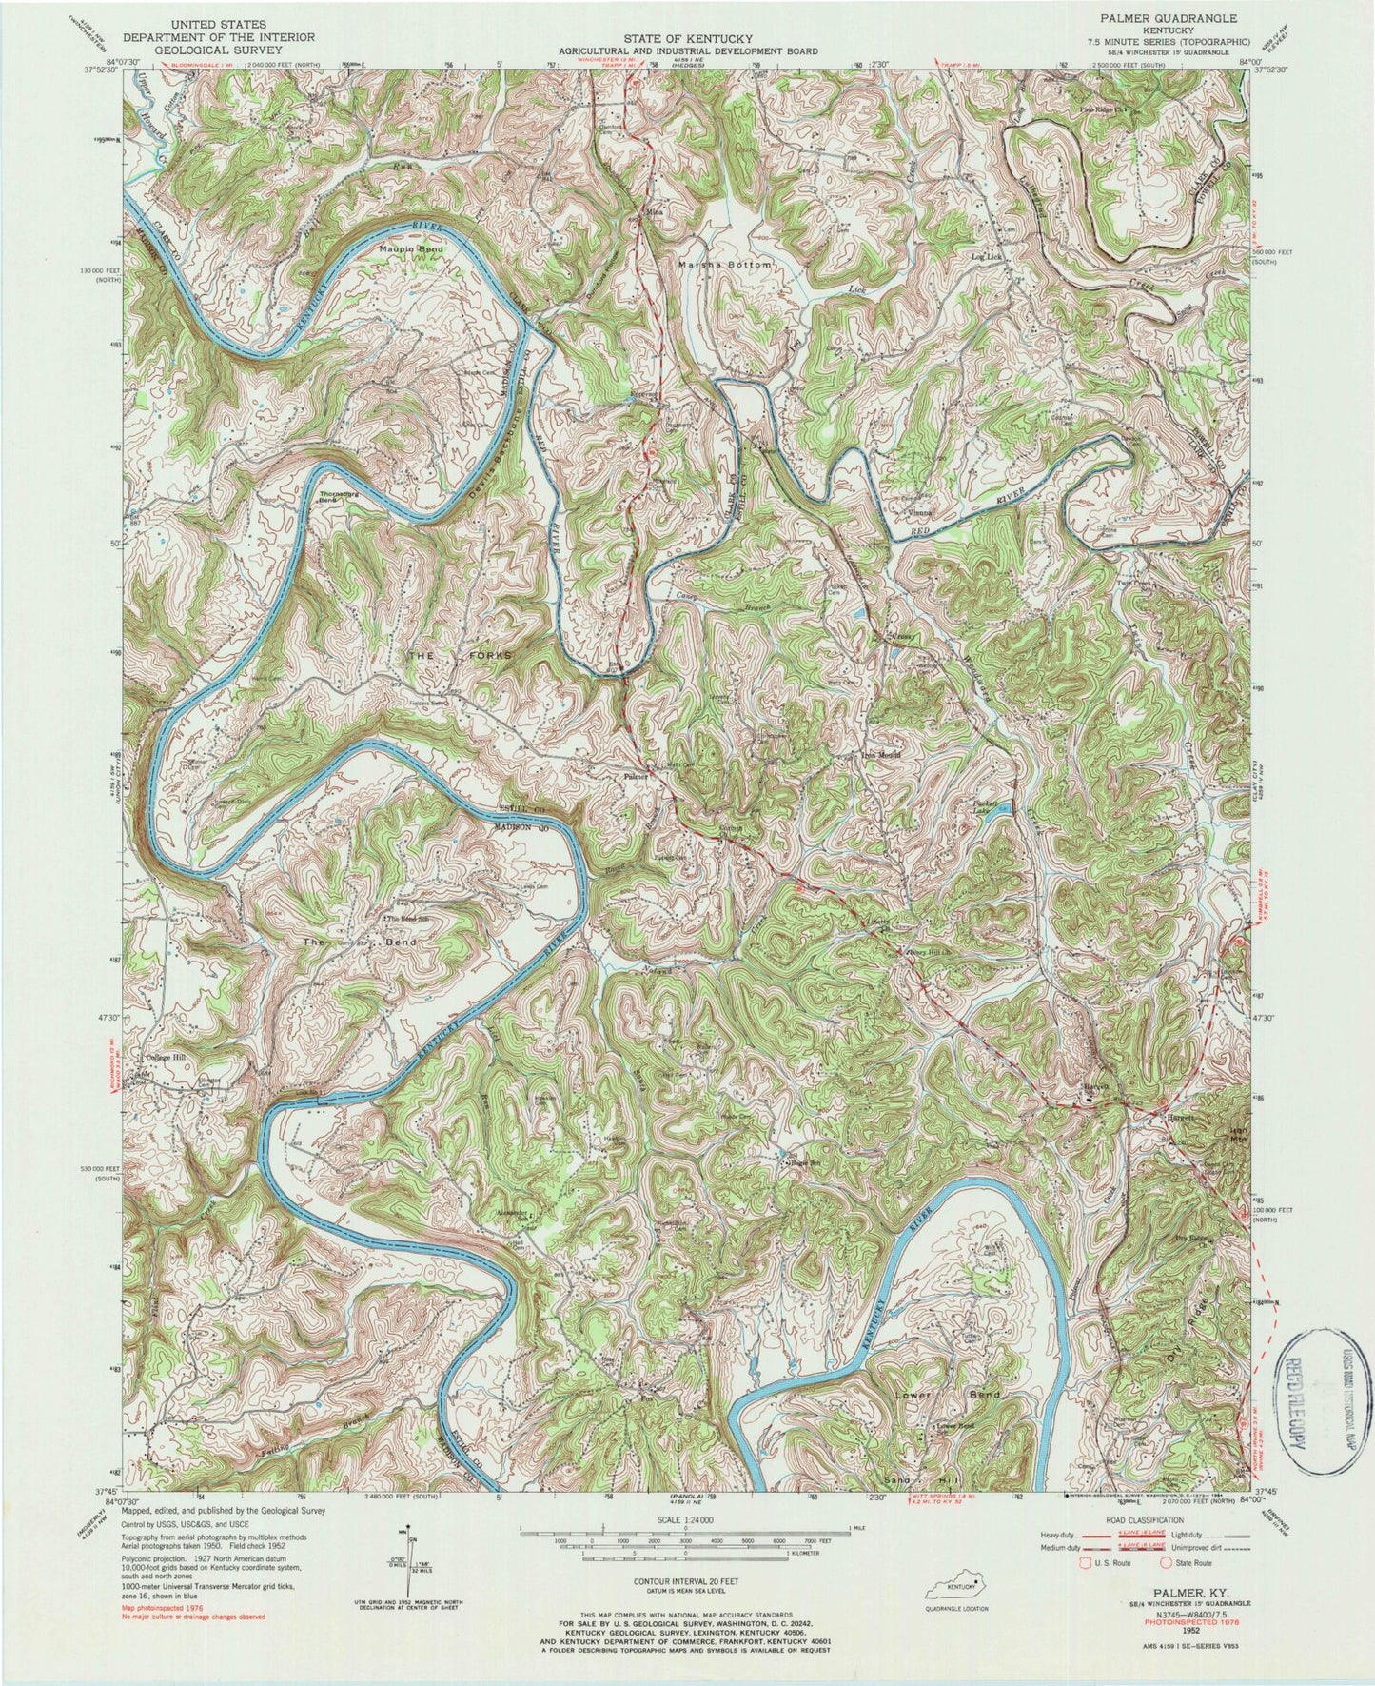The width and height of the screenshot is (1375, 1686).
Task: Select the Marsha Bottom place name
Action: (725, 262)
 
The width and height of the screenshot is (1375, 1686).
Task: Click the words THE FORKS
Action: (461, 655)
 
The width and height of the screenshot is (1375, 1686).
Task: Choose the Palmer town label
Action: (636, 776)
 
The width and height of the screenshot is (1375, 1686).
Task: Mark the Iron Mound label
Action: (880, 756)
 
